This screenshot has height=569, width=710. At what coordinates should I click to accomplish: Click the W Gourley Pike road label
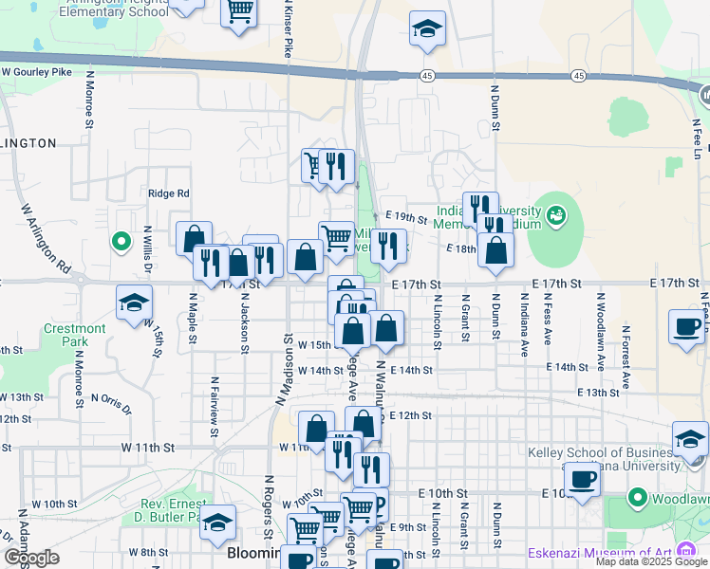tap(37, 71)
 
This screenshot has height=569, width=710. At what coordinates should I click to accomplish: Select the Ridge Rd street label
tap(169, 193)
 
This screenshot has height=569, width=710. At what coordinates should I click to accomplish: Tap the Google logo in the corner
tap(31, 558)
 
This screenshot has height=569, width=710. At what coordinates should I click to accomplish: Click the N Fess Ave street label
tap(547, 332)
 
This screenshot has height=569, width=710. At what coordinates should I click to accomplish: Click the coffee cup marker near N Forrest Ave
tap(686, 326)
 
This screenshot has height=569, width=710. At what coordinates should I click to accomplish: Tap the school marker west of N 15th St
tap(134, 302)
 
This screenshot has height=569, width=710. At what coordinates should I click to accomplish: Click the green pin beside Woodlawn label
tap(637, 497)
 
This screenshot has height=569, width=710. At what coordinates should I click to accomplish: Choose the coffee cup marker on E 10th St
tap(582, 479)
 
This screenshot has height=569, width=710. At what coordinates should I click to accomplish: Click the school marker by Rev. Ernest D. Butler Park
tap(217, 522)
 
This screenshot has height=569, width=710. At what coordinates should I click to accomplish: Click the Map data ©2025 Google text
tap(650, 561)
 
